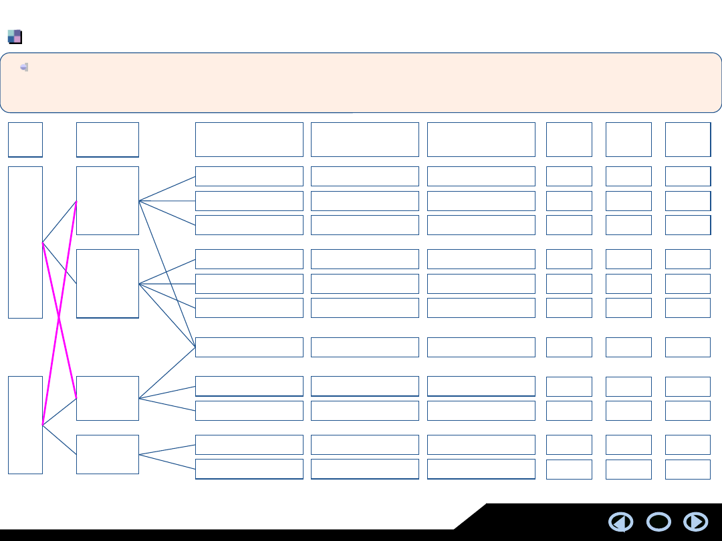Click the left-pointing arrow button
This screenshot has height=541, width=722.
pos(621,522)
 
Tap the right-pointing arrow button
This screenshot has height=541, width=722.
pos(696,522)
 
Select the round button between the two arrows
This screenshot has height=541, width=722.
pos(658,522)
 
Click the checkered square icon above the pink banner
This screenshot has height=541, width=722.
pos(15,37)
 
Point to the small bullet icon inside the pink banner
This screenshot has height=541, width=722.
pos(24,67)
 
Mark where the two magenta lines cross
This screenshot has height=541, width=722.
pos(59,320)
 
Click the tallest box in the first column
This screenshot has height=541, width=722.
pos(25,242)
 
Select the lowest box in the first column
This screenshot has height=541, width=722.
pos(25,425)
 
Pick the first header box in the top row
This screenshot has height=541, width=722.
pos(25,140)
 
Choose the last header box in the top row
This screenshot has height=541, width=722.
pos(688,140)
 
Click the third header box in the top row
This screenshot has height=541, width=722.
pos(249,140)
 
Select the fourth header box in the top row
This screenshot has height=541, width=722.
pos(365,140)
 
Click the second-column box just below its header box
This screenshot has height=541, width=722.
pos(108,200)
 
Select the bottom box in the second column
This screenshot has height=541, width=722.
pos(108,454)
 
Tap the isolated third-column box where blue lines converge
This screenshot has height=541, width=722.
pos(249,347)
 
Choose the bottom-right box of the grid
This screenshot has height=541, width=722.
pos(688,469)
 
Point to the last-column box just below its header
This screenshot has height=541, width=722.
pos(688,176)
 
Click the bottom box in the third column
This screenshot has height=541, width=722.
pos(249,469)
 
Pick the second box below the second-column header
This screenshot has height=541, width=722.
pos(108,283)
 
